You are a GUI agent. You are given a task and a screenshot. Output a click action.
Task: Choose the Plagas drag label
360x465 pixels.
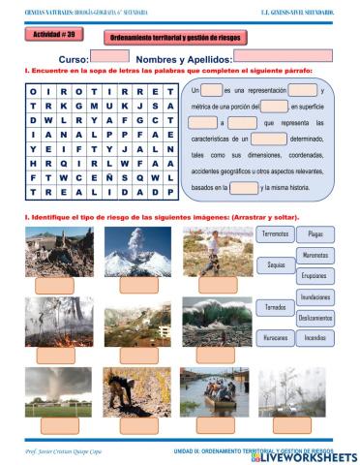[x=315, y=234]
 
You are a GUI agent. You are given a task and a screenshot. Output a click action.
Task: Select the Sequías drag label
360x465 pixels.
[x=276, y=264]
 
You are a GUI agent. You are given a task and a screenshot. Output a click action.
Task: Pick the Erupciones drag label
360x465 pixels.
[x=315, y=275]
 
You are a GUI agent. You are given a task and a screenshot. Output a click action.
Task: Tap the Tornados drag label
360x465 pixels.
[x=276, y=307]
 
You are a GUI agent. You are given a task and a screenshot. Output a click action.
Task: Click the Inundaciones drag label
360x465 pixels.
[x=315, y=297]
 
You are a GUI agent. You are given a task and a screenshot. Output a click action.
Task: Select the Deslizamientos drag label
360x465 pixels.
[x=315, y=318]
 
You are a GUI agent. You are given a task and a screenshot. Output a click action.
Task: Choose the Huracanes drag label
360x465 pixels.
[x=276, y=338]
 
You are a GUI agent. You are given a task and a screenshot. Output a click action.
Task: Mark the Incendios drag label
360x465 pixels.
[x=315, y=338]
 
